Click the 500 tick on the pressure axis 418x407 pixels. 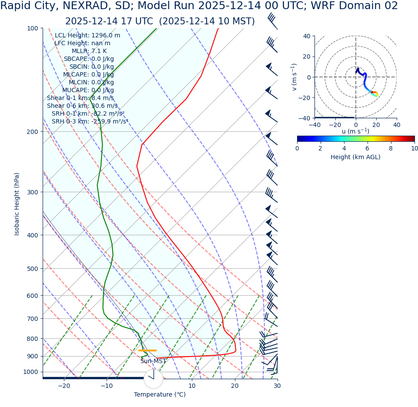pyautogui.click(x=33, y=269)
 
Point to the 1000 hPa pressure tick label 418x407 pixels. pyautogui.click(x=30, y=372)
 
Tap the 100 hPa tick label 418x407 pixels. pyautogui.click(x=33, y=28)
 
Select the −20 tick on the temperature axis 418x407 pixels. pyautogui.click(x=64, y=386)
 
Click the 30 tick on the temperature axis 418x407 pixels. pyautogui.click(x=277, y=386)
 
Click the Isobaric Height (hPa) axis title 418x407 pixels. pyautogui.click(x=17, y=204)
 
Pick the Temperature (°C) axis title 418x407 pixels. pyautogui.click(x=160, y=394)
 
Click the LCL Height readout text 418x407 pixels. pyautogui.click(x=87, y=36)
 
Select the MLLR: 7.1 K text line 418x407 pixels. pyautogui.click(x=89, y=51)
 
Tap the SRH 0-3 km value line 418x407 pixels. pyautogui.click(x=90, y=122)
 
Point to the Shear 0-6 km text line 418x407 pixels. pyautogui.click(x=82, y=106)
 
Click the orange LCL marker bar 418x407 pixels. pyautogui.click(x=147, y=350)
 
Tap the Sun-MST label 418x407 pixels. pyautogui.click(x=153, y=361)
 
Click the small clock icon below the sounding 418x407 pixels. pyautogui.click(x=153, y=379)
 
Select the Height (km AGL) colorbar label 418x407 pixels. pyautogui.click(x=355, y=157)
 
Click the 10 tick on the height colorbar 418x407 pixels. pyautogui.click(x=414, y=148)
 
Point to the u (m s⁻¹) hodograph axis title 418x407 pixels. pyautogui.click(x=355, y=131)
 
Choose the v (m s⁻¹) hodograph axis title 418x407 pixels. pyautogui.click(x=294, y=77)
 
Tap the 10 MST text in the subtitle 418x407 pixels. pyautogui.click(x=235, y=21)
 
